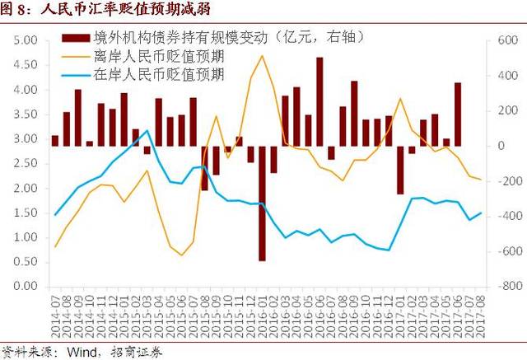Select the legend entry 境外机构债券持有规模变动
tap(206, 37)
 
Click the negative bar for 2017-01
tap(400, 170)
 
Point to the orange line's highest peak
tap(262, 56)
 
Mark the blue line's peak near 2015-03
tap(147, 131)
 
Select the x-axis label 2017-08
tap(481, 316)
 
